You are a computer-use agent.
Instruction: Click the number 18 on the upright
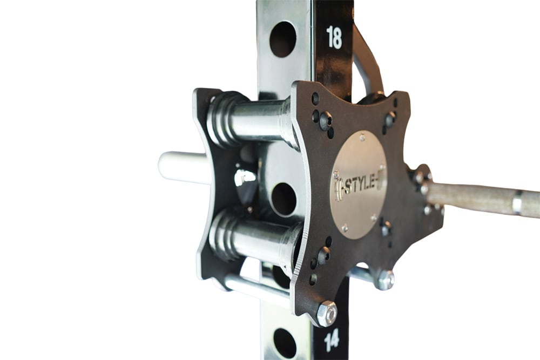(x=334, y=37)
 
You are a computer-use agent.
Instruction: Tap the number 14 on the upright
(x=332, y=340)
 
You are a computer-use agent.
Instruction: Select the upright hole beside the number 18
(x=283, y=39)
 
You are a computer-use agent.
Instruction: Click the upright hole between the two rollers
(x=283, y=200)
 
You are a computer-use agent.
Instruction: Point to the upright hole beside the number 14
(x=285, y=343)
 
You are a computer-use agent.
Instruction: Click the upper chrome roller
(x=253, y=120)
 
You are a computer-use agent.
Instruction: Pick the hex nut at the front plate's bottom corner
(x=326, y=314)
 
